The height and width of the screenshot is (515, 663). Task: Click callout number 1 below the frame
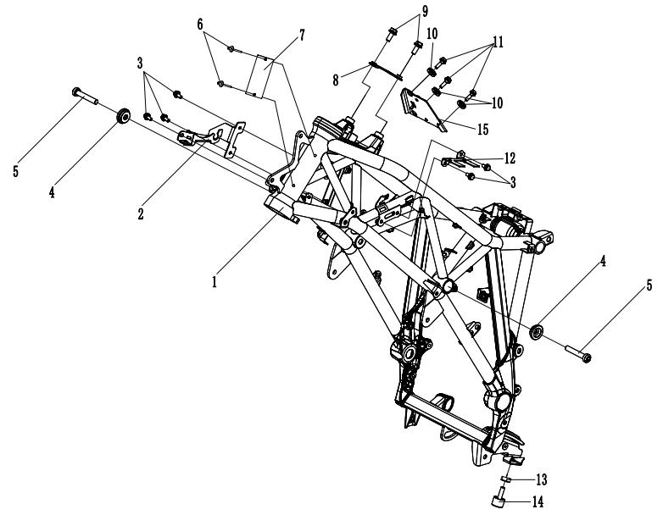214,281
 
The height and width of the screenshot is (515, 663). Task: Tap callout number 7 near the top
302,35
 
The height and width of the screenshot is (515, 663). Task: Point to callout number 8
335,80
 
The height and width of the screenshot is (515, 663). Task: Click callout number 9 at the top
425,10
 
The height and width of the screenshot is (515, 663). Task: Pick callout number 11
498,42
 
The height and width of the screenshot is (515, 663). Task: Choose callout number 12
510,158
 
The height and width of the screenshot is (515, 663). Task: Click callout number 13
541,479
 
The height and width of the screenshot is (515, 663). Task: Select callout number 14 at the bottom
538,502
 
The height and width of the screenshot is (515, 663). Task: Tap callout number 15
483,130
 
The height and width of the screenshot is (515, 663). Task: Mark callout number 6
200,25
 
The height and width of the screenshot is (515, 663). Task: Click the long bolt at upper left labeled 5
85,96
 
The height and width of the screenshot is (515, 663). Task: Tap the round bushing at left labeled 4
124,116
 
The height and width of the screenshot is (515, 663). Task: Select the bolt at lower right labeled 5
577,352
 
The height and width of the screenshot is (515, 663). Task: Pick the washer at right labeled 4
537,331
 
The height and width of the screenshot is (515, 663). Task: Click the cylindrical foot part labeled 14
499,498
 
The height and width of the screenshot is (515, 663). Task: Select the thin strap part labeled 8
385,70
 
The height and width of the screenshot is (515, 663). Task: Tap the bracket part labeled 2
211,137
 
